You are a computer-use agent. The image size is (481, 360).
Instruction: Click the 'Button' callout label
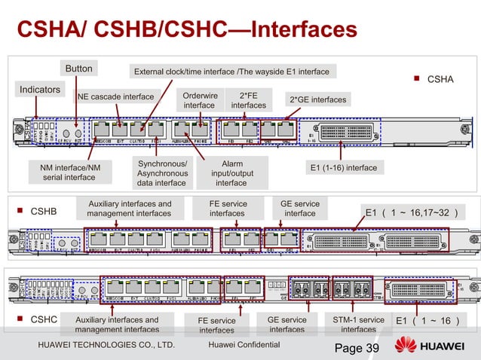coord(78,69)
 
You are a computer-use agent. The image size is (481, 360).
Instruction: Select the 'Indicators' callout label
coord(40,90)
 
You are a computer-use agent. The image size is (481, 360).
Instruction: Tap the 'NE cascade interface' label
coord(117,96)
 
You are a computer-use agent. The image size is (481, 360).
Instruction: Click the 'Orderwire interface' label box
coord(199,101)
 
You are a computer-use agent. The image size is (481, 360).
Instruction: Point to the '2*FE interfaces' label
coord(248,101)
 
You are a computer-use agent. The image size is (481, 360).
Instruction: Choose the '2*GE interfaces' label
coord(317,99)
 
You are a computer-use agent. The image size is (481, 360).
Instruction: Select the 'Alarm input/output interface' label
coord(231,172)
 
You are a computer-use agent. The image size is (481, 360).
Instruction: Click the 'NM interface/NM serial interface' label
coord(68,172)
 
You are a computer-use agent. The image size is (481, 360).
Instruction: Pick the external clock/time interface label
coord(231,72)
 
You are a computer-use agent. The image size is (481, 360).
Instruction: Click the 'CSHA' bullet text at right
coord(440,78)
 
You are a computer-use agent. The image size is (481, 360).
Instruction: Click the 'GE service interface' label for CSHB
coord(299,209)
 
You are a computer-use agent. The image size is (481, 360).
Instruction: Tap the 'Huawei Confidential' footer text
coord(243,345)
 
